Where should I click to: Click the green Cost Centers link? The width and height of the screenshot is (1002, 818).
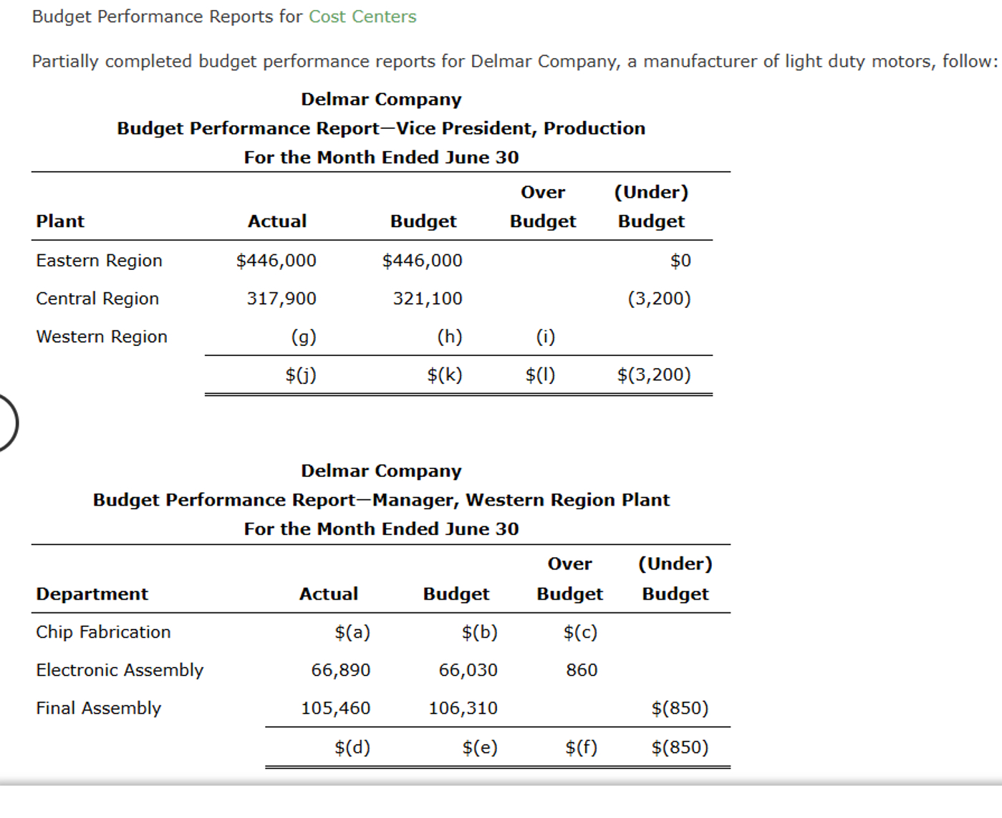[362, 16]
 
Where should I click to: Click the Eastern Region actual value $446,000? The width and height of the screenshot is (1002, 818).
[276, 261]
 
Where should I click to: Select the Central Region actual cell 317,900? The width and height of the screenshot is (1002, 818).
[281, 299]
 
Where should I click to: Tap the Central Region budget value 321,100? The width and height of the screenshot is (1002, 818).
[428, 299]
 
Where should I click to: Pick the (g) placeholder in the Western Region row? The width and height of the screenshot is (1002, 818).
[304, 337]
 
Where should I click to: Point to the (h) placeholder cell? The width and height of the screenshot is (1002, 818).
[450, 337]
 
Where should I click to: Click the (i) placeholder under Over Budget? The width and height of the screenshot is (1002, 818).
[546, 337]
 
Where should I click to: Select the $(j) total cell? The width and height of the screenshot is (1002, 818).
[301, 375]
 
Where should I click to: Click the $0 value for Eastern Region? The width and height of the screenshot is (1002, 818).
[680, 261]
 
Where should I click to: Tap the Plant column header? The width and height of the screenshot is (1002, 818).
[60, 221]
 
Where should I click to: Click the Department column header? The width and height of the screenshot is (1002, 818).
[92, 594]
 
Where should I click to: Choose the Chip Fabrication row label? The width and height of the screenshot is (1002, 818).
[104, 632]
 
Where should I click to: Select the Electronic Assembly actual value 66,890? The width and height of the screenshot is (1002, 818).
[341, 670]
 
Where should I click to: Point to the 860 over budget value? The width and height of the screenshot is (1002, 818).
[582, 670]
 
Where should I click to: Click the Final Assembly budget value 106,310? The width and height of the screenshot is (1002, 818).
[463, 708]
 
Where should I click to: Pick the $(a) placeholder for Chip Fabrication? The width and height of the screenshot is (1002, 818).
[352, 632]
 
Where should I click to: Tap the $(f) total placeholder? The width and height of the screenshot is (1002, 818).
[581, 748]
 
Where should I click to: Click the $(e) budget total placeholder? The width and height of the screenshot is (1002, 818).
[480, 748]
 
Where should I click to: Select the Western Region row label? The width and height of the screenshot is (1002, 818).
[102, 337]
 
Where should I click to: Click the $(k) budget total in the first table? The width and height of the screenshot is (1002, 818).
[445, 375]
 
